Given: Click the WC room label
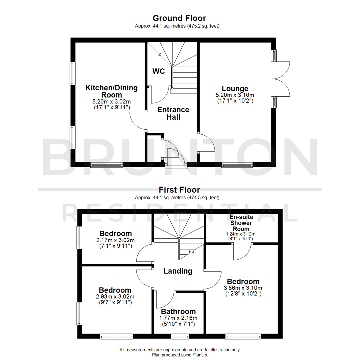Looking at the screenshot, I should tap(159, 71).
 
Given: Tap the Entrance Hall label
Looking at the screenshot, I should tap(173, 113).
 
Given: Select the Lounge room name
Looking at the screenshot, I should tap(235, 89).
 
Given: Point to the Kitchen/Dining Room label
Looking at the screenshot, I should tap(112, 91).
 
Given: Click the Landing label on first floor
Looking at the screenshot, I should tap(178, 271).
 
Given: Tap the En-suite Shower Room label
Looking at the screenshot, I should tap(241, 223).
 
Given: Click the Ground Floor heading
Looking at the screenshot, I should tap(179, 18).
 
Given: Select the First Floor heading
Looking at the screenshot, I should tap(179, 190).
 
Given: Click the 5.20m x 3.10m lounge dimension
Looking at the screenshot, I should tap(235, 95).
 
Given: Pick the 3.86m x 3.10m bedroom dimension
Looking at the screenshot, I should tap(242, 288).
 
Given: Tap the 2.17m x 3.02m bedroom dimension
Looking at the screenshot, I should tap(116, 240).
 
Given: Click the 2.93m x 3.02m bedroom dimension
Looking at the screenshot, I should tap(115, 297).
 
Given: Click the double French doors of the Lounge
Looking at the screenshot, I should tap(282, 79).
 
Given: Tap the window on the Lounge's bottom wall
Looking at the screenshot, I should tap(237, 164).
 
